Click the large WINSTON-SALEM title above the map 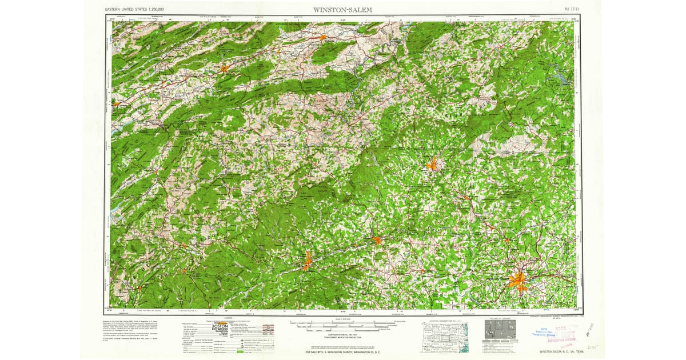342,10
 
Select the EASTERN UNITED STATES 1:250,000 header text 135,10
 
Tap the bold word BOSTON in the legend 221,324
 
